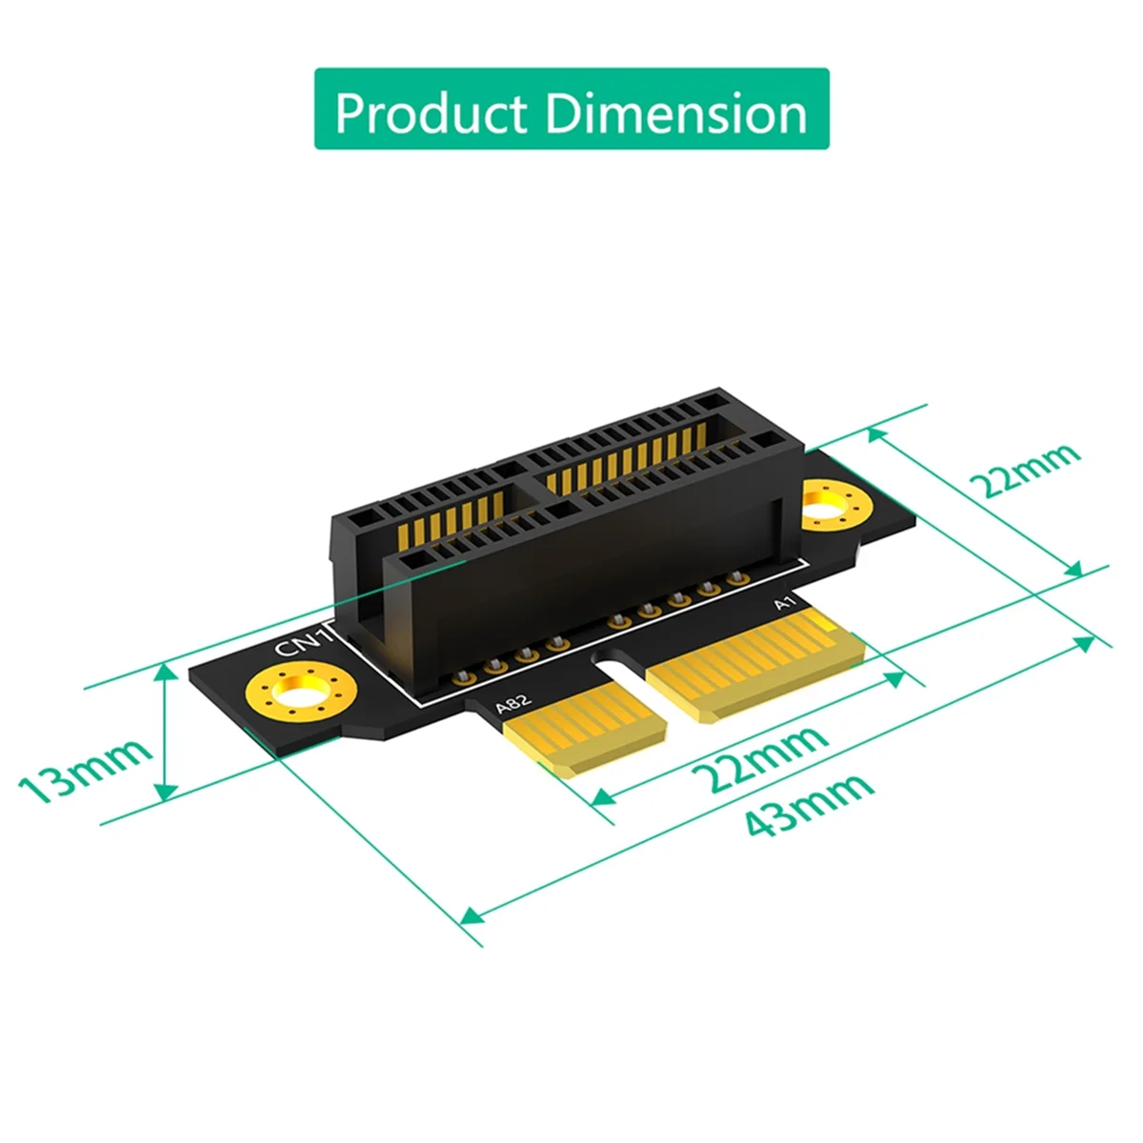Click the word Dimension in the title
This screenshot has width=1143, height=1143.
676,113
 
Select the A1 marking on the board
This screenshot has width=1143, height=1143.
783,603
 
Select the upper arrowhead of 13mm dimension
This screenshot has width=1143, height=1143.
166,672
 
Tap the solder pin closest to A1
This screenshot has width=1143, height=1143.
734,578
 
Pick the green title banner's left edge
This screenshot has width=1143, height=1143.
318,109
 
